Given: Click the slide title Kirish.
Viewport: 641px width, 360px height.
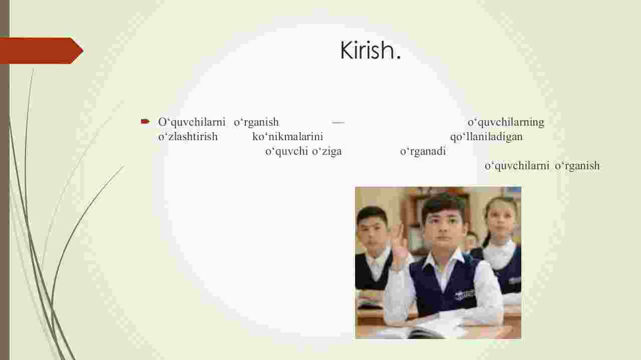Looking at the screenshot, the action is (x=370, y=51).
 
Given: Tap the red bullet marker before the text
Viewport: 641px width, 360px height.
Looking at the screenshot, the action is (x=145, y=122).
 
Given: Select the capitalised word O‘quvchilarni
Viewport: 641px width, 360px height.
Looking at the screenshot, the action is (x=192, y=122).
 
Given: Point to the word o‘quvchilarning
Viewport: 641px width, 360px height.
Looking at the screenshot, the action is (x=506, y=123).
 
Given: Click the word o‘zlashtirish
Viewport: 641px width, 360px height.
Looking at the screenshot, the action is (x=188, y=137).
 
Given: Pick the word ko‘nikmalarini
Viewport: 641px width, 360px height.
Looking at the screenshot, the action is (x=287, y=137).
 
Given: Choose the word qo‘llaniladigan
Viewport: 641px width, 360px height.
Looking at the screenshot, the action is (x=486, y=137).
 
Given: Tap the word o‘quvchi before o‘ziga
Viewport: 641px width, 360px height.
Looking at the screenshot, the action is (x=286, y=151).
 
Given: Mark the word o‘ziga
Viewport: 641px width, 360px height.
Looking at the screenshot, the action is (x=327, y=151).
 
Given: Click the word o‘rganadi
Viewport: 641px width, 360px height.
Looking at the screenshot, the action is (x=423, y=151).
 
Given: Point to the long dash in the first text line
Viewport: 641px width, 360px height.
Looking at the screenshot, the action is (x=338, y=123).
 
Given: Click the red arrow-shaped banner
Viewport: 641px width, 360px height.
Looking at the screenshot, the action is (x=42, y=51).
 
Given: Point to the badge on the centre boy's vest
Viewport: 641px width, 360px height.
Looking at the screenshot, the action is (x=464, y=294).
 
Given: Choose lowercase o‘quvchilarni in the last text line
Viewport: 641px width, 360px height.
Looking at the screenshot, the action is (x=517, y=166).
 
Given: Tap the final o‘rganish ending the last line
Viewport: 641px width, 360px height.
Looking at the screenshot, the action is (x=577, y=166).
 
